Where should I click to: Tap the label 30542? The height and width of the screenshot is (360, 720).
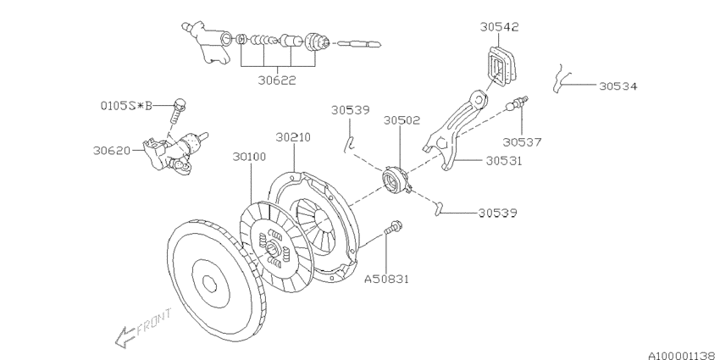pyautogui.click(x=499, y=27)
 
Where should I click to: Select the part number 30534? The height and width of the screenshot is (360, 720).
pyautogui.click(x=618, y=86)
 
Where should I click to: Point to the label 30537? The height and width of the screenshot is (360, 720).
pyautogui.click(x=522, y=141)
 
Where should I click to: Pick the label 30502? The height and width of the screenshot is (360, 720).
pyautogui.click(x=403, y=120)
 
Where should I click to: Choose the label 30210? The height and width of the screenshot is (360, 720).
pyautogui.click(x=294, y=136)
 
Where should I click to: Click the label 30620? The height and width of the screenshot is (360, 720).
pyautogui.click(x=112, y=151)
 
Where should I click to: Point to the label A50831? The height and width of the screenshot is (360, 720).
pyautogui.click(x=387, y=277)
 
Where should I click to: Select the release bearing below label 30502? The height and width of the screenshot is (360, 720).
pyautogui.click(x=396, y=180)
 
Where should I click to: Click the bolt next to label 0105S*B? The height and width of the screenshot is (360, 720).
pyautogui.click(x=180, y=108)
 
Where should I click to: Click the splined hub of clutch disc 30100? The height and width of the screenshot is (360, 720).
pyautogui.click(x=273, y=247)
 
